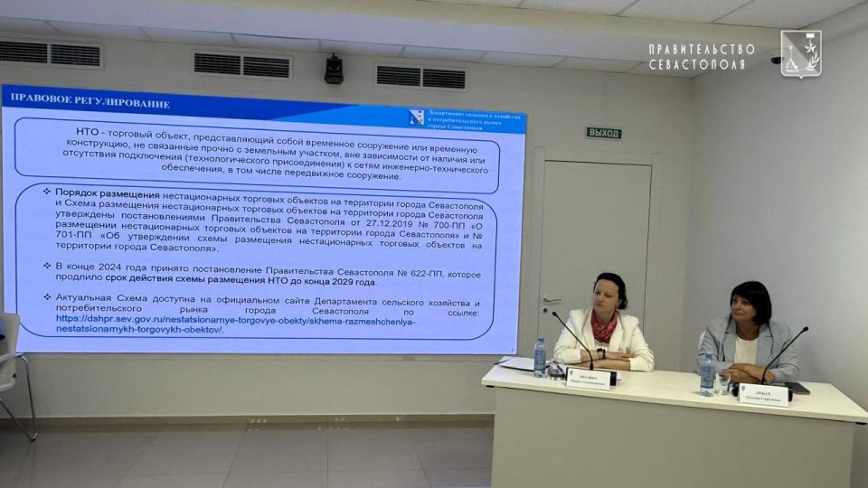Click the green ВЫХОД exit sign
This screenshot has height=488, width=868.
604,133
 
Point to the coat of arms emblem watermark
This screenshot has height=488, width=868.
800,53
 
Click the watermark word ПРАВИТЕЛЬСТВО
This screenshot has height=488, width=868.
702,49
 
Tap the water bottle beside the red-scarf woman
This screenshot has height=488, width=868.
540,357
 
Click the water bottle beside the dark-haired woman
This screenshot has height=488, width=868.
707,372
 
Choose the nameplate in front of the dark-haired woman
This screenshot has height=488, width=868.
764,394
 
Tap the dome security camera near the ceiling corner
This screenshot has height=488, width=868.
776,59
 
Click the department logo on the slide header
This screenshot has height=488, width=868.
416,117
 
